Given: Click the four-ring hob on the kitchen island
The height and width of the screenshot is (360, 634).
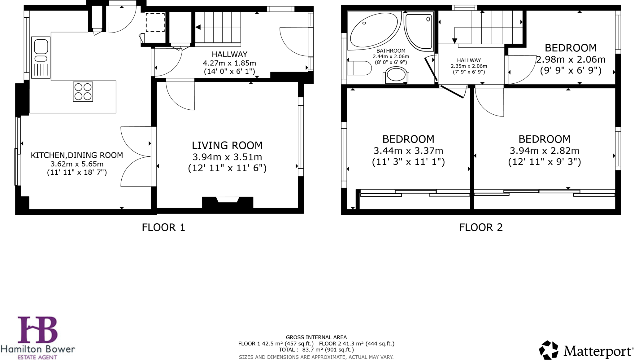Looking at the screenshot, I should [83, 92].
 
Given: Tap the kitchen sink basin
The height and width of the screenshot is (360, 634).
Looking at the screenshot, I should [41, 47].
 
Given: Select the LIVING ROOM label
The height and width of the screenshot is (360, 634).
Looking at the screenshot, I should [227, 145].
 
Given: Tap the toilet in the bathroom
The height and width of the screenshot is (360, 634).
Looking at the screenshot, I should [359, 68].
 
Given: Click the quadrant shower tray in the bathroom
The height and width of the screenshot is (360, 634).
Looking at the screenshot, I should [419, 31].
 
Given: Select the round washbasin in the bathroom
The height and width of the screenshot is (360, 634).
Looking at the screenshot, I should [396, 75].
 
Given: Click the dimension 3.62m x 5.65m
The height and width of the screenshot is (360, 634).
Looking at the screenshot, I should [77, 164].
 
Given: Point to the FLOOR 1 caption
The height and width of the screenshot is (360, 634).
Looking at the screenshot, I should [163, 227].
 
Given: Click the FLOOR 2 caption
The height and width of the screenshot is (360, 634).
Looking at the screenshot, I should [480, 227].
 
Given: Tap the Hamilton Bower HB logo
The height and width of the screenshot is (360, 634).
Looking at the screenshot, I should [38, 329].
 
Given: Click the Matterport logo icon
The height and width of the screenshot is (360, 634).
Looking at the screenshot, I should [549, 350].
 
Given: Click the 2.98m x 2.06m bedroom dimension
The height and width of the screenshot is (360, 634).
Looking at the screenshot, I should [571, 59].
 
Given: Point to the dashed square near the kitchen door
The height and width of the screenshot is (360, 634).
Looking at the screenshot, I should [155, 22].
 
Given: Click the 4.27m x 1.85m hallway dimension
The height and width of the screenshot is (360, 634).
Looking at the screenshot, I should [229, 63].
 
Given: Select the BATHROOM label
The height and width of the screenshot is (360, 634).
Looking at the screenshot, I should [391, 51].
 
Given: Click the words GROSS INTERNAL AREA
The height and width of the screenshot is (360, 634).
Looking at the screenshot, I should [316, 337].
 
